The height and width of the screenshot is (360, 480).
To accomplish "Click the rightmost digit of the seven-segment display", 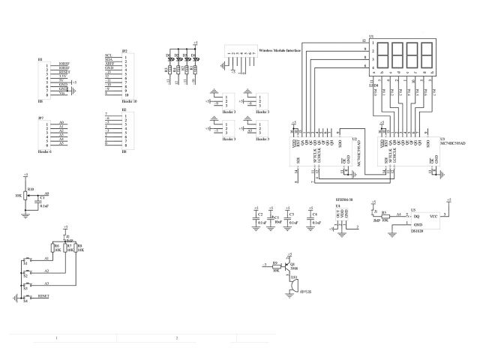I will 428,55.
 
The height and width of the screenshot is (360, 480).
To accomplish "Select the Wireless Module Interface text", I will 280,51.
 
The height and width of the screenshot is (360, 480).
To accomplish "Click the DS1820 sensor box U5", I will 420,219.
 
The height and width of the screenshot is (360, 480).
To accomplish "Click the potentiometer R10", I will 25,196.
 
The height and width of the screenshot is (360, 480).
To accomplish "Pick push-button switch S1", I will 25,259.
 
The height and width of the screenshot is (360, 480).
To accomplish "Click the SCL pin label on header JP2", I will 109,55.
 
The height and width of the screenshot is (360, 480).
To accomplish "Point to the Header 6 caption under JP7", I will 44,151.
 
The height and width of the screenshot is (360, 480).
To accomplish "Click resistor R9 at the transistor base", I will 275,265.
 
